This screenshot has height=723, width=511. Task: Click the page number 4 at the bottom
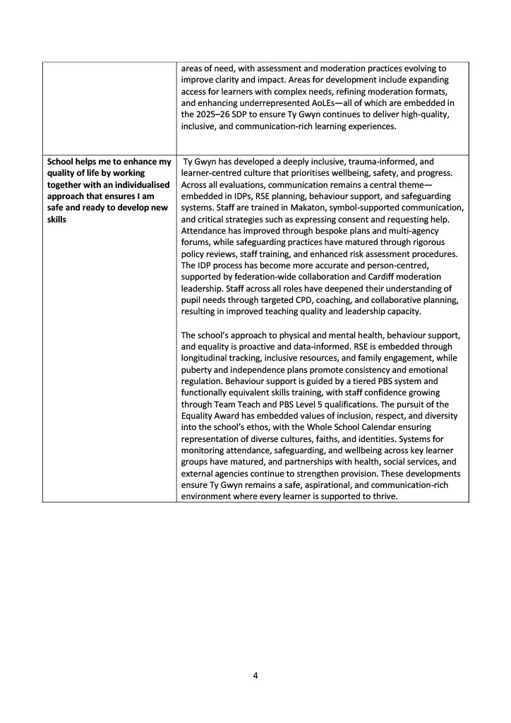[255, 675]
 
